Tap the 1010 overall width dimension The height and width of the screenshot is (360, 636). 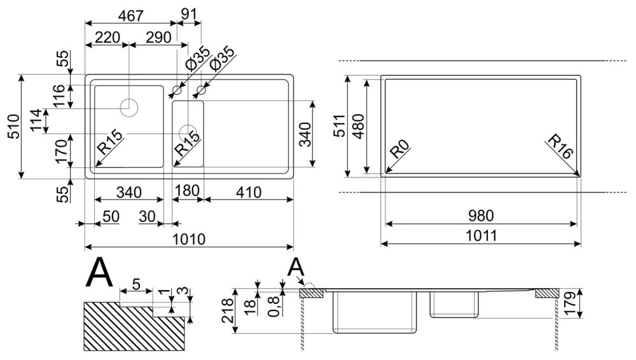click(x=189, y=239)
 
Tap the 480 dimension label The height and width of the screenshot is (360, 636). click(x=358, y=126)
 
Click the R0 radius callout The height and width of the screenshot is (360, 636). click(x=399, y=151)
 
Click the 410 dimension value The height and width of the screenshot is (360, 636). click(x=248, y=191)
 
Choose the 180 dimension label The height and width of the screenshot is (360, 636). click(x=188, y=191)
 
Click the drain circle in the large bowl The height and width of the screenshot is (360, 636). click(x=130, y=106)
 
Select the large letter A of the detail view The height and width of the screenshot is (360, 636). click(x=100, y=274)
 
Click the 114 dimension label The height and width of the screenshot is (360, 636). click(x=36, y=121)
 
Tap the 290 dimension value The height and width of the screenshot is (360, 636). click(x=158, y=38)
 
